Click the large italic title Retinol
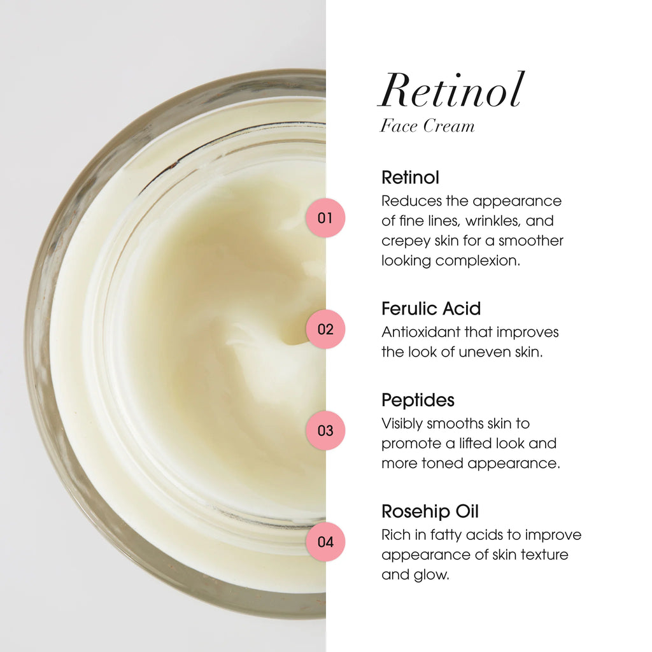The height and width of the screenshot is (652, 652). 451,90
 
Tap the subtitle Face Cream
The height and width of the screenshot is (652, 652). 427,126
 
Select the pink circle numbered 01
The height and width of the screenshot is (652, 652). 325,218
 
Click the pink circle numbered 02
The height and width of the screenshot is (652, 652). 325,329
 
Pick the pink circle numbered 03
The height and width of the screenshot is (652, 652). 325,430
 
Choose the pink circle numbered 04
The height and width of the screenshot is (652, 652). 325,542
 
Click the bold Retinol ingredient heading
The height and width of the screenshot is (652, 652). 410,177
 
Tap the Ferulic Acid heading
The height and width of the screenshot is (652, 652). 431,309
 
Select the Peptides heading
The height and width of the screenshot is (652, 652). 418,400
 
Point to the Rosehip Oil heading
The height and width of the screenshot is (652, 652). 430,511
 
